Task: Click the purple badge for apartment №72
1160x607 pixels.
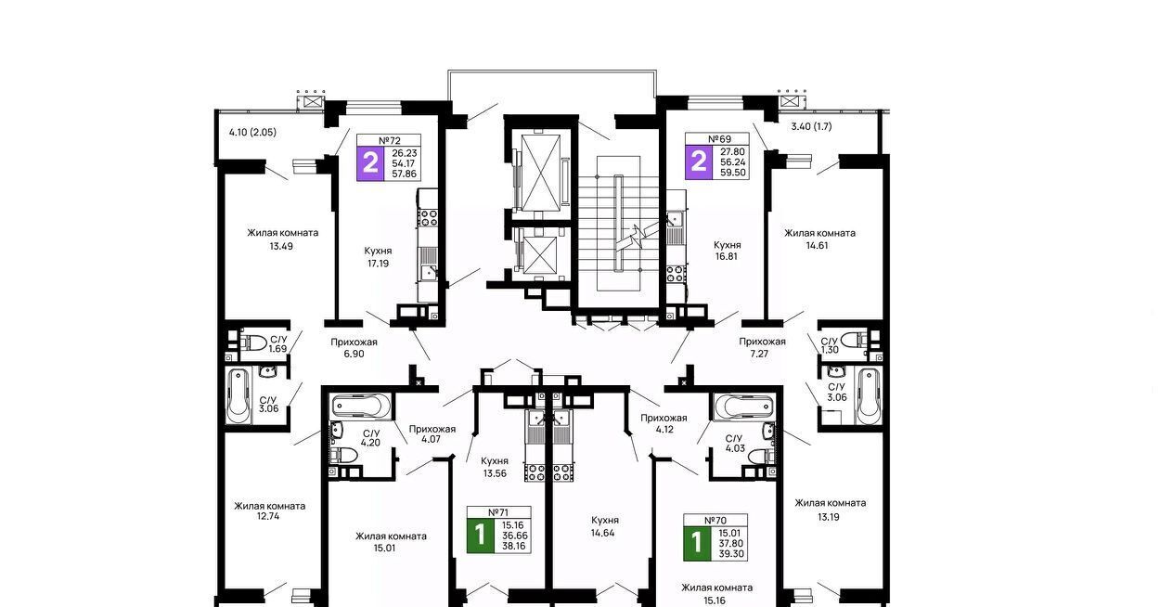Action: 370,163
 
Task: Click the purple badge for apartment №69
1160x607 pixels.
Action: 699,161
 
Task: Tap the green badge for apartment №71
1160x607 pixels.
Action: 480,535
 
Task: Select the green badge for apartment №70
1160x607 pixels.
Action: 697,543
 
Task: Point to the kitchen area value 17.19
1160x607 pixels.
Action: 378,263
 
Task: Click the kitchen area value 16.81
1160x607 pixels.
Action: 727,256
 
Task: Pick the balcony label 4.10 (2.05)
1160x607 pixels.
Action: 252,132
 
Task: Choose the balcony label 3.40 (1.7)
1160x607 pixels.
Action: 811,126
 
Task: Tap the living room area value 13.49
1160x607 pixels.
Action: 281,246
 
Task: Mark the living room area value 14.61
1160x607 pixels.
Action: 817,246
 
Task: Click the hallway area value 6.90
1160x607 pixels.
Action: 354,354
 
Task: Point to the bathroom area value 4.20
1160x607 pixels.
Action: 371,443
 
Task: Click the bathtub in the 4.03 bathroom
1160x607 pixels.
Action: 742,406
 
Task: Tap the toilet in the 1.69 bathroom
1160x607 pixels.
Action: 252,342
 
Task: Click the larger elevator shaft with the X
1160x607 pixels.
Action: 541,173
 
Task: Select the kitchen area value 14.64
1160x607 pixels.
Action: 603,533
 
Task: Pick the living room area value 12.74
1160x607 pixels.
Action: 268,516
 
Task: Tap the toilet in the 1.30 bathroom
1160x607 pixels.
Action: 853,341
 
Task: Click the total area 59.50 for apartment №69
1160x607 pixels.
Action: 733,172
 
